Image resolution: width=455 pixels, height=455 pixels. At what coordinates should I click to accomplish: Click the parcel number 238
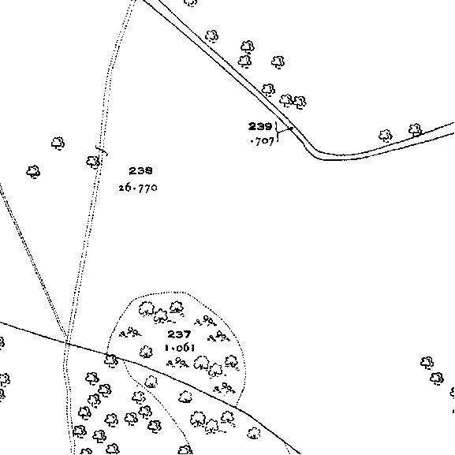click(x=140, y=170)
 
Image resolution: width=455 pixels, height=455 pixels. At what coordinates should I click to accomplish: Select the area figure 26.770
click(x=138, y=188)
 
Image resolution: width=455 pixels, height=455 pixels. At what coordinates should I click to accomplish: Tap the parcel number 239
click(x=260, y=126)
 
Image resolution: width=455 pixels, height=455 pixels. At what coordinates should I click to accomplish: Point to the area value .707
click(x=262, y=141)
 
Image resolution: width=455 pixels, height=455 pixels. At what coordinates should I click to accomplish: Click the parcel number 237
click(x=179, y=334)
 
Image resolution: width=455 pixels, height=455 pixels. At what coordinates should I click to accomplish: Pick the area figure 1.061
click(x=180, y=348)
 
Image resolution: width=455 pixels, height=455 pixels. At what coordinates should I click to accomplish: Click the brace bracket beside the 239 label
click(x=278, y=132)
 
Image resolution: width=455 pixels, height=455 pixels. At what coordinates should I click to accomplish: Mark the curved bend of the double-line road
click(x=316, y=152)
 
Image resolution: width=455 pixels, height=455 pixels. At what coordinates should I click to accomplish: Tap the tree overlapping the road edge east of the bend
click(x=416, y=130)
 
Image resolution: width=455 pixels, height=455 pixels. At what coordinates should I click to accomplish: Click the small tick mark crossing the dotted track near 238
click(x=103, y=151)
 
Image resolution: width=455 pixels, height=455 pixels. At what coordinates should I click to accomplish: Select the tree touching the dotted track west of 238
click(x=93, y=162)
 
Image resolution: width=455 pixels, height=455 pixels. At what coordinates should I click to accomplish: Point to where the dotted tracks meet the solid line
click(x=67, y=341)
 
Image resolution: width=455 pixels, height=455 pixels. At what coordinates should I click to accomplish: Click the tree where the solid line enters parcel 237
click(x=111, y=360)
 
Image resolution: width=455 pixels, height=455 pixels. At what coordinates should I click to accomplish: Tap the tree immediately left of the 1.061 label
click(x=146, y=352)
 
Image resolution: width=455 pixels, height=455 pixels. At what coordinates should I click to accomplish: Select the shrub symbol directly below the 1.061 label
click(x=177, y=363)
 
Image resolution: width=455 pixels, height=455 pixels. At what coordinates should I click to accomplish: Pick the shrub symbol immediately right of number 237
click(x=219, y=336)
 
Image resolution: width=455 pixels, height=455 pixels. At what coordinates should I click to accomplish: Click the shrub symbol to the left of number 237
click(x=130, y=332)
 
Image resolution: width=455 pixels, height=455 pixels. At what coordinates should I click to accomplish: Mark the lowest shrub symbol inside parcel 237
click(x=224, y=388)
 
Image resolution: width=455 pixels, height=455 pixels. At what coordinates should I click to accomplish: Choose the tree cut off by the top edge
click(x=191, y=2)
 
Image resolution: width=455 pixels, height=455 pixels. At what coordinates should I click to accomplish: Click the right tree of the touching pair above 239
click(x=300, y=103)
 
